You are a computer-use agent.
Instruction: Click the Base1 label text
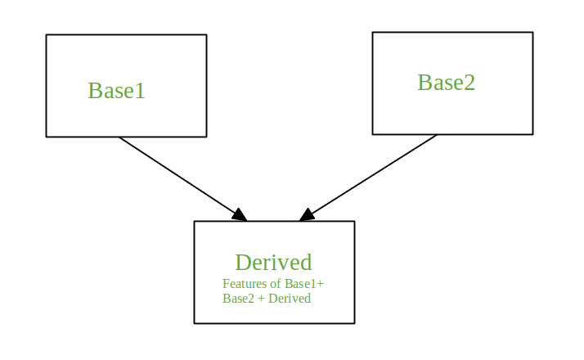pos(116,91)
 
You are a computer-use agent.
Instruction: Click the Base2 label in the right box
pos(446,83)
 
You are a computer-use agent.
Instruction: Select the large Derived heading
pos(273,263)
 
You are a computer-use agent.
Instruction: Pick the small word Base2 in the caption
pos(238,299)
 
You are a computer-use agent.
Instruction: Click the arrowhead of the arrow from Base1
pos(240,215)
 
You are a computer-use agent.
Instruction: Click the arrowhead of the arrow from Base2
pos(307,215)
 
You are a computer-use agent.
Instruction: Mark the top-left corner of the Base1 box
pos(47,35)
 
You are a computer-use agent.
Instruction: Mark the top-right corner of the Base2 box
pos(532,33)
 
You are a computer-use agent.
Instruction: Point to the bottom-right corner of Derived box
pos(354,323)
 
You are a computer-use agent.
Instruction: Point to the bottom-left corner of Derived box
pos(195,323)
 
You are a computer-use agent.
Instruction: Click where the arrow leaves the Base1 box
pos(119,137)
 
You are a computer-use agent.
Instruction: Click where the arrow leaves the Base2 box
pos(437,135)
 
